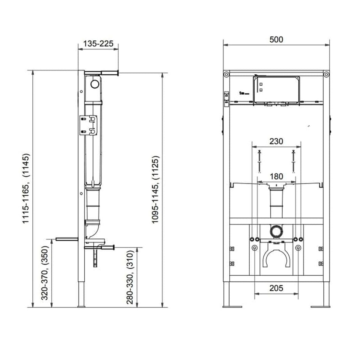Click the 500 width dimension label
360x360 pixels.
click(276, 40)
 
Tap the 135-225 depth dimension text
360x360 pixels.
click(98, 43)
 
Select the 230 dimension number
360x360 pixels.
click(276, 141)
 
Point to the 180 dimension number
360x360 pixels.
click(276, 176)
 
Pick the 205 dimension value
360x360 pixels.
click(276, 288)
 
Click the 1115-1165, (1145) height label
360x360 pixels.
click(26, 188)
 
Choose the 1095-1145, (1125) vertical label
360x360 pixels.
click(155, 190)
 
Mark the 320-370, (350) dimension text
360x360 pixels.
click(45, 273)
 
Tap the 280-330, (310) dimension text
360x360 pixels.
click(130, 277)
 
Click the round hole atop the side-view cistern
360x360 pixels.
click(95, 84)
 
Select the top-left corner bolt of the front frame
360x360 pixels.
click(227, 74)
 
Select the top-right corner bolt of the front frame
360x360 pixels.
click(326, 74)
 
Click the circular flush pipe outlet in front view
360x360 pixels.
click(276, 230)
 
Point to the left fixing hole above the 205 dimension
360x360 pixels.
click(254, 248)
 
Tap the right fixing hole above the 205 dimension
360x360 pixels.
click(298, 248)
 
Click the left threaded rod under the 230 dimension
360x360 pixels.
click(259, 161)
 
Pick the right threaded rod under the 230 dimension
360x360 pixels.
click(293, 161)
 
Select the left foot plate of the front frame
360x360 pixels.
click(232, 307)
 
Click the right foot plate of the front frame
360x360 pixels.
click(320, 307)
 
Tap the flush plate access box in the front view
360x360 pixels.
click(276, 90)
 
